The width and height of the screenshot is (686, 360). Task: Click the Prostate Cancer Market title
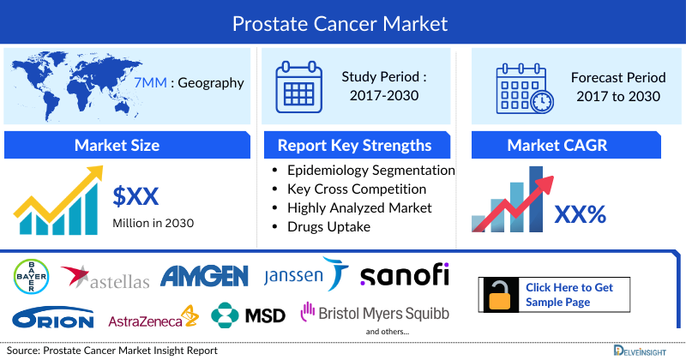pos(343,22)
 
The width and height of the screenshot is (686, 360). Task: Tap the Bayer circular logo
pos(31,275)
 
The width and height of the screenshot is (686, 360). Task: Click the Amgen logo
pos(205,275)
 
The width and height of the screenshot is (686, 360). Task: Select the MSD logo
pos(249,315)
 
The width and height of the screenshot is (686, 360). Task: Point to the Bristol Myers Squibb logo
pos(374,314)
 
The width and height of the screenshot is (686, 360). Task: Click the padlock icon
pos(499,294)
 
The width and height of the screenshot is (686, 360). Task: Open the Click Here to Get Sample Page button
pos(569,295)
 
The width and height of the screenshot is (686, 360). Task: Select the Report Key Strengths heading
pos(354,145)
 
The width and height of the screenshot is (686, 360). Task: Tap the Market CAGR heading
pos(569,145)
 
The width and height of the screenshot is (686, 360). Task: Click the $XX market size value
pos(136,197)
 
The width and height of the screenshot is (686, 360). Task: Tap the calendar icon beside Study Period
pos(298,86)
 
